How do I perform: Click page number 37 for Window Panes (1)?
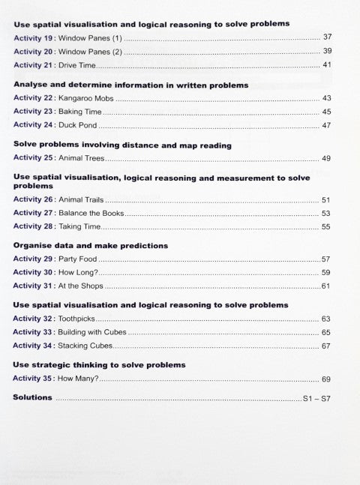point(326,37)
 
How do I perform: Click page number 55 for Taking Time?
point(326,227)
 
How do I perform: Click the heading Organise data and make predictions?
point(90,245)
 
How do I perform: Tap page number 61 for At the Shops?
point(326,286)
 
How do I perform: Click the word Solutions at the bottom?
point(33,398)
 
